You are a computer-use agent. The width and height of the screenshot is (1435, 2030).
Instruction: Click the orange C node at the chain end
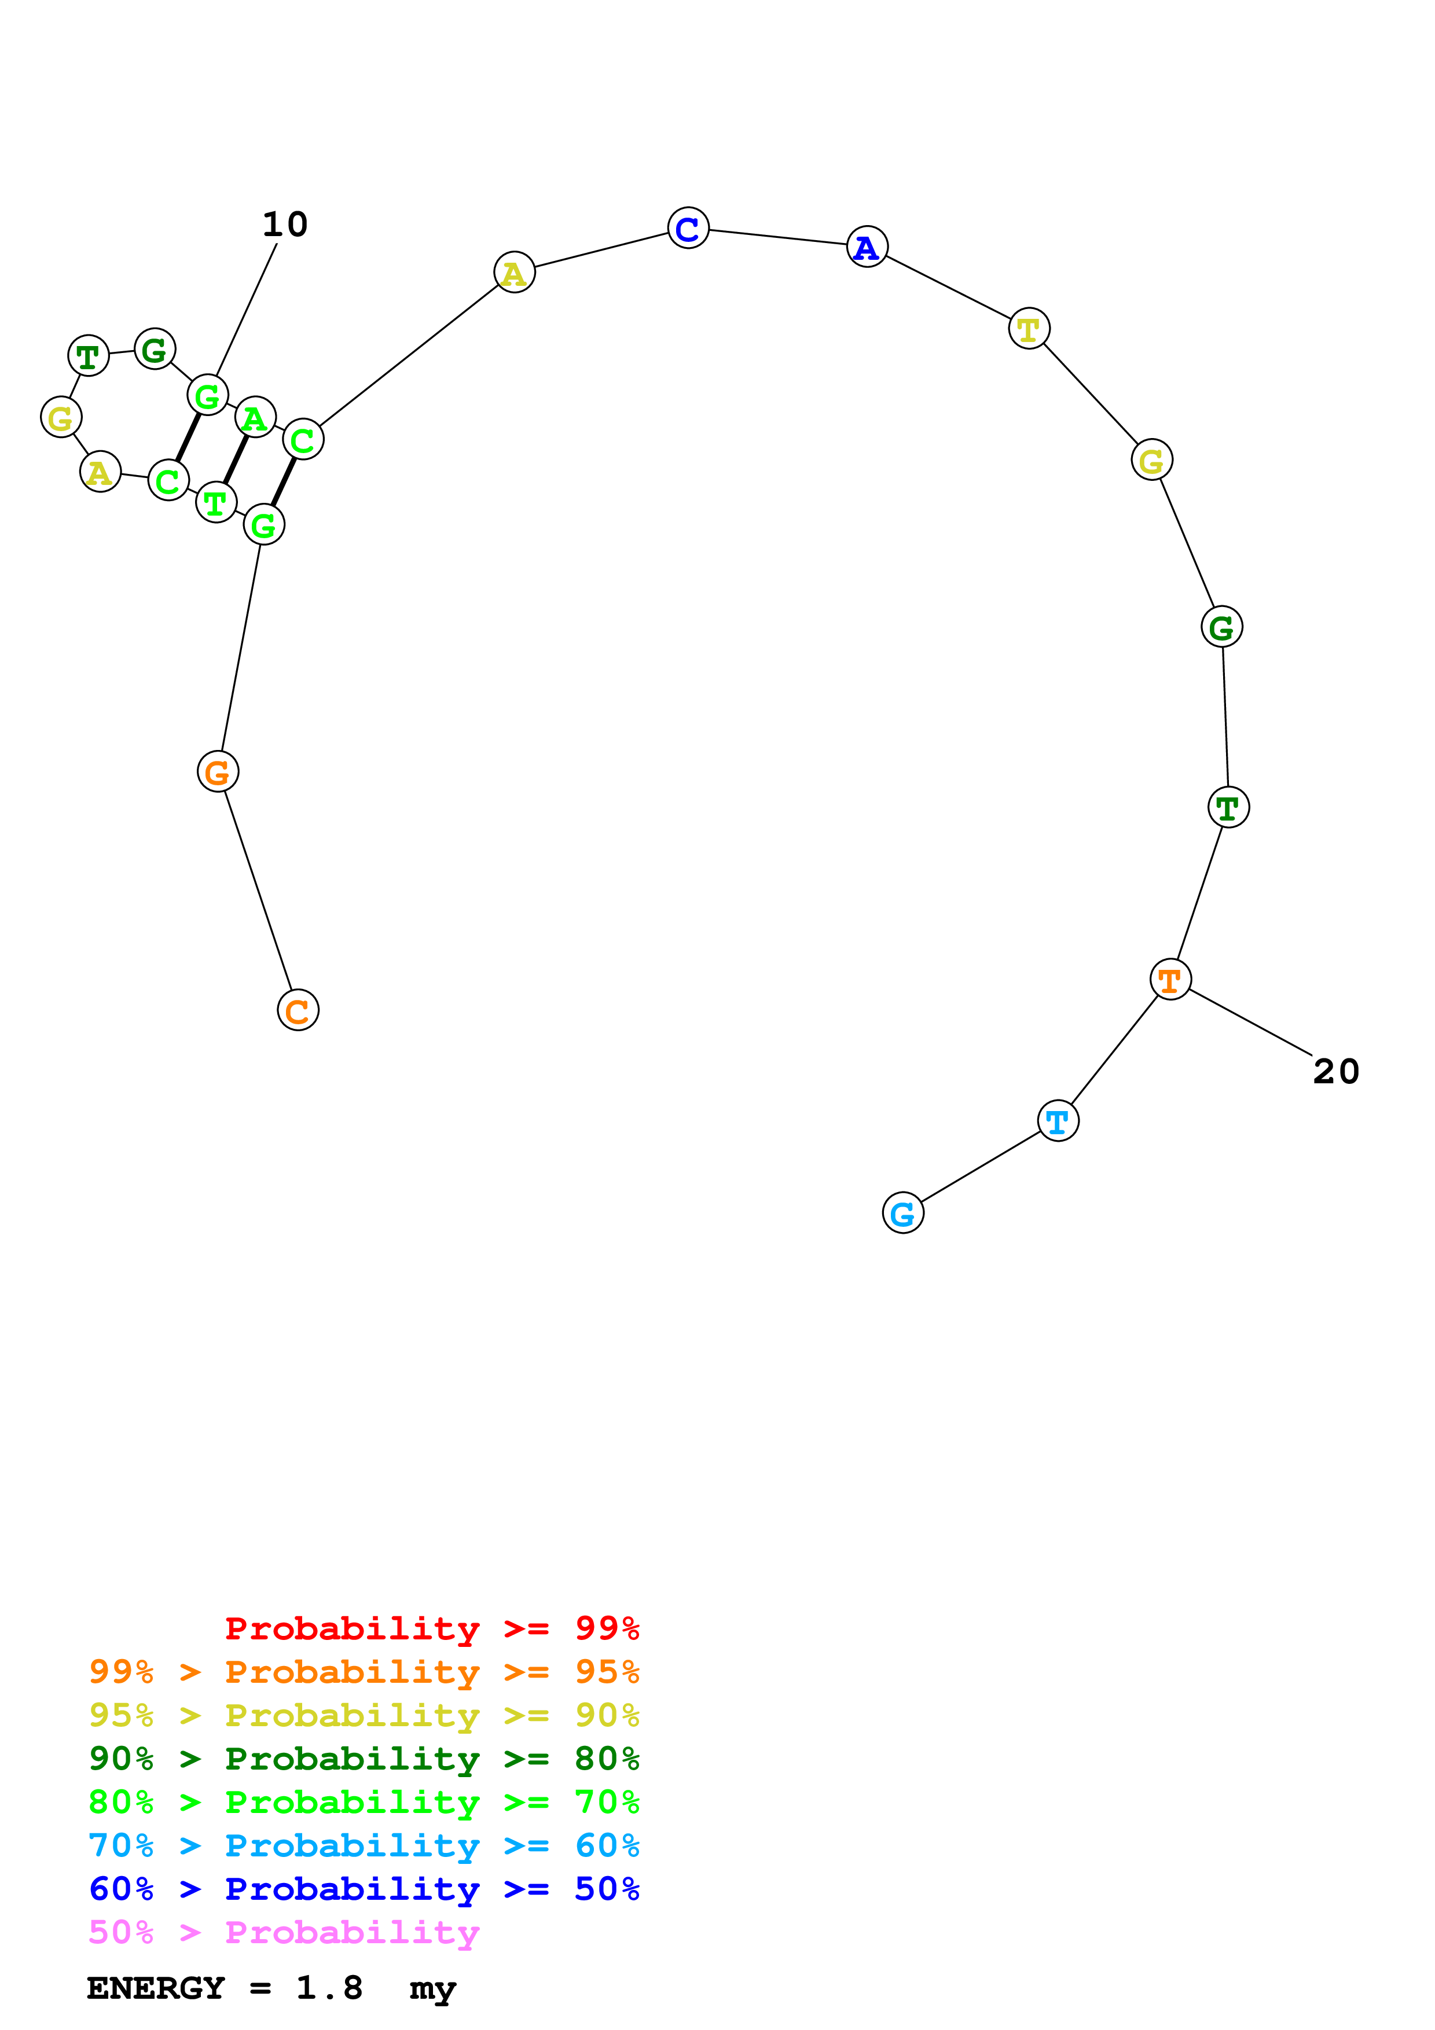298,1010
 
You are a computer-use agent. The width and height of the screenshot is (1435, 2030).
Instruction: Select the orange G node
218,772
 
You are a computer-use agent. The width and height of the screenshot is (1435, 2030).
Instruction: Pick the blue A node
867,247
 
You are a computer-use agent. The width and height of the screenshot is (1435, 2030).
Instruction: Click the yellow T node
1028,329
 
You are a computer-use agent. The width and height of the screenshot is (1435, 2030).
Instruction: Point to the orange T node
1170,980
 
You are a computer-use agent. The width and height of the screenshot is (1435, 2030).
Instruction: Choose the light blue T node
1058,1121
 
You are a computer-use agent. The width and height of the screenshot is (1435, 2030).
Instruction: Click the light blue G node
902,1212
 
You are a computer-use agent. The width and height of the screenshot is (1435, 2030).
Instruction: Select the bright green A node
255,417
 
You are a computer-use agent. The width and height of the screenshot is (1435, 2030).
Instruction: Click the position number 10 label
285,225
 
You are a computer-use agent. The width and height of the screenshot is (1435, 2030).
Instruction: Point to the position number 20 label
1335,1072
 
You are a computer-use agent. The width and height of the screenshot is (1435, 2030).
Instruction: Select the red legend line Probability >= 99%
431,1628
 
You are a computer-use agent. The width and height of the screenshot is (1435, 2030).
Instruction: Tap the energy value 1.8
329,1988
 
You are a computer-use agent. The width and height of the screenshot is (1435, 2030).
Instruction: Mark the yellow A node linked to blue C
513,273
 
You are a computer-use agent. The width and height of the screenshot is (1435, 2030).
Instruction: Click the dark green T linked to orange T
1227,807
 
